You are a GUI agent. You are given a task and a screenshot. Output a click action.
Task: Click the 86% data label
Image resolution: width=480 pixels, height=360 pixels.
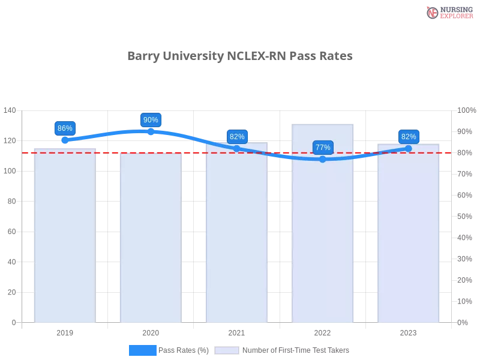(x=65, y=128)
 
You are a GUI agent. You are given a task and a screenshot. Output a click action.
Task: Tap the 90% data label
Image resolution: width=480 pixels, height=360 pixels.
(x=151, y=120)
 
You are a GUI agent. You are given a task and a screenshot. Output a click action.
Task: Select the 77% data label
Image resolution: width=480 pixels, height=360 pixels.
(x=323, y=148)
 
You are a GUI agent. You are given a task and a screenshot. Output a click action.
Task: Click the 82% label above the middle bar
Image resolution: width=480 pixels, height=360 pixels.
(x=237, y=137)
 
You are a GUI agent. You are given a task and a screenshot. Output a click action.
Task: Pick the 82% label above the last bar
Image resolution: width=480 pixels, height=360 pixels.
(x=409, y=137)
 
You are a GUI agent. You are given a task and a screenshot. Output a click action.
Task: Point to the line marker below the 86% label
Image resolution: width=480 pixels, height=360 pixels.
(x=65, y=140)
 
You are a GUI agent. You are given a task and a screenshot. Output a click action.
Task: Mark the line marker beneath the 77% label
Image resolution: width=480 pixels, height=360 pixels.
(x=323, y=159)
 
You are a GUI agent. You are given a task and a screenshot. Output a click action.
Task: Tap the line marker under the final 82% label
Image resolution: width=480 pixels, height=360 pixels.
(x=409, y=148)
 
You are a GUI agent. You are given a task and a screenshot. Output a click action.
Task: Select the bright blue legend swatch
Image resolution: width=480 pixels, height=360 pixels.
(x=143, y=350)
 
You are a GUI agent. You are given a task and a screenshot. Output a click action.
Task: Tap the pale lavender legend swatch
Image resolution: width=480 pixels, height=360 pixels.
(x=227, y=350)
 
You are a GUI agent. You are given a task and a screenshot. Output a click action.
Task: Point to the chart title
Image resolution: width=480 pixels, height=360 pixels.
(x=240, y=56)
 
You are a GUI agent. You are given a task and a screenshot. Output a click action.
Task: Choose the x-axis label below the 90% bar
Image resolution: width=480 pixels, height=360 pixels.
(x=151, y=331)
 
